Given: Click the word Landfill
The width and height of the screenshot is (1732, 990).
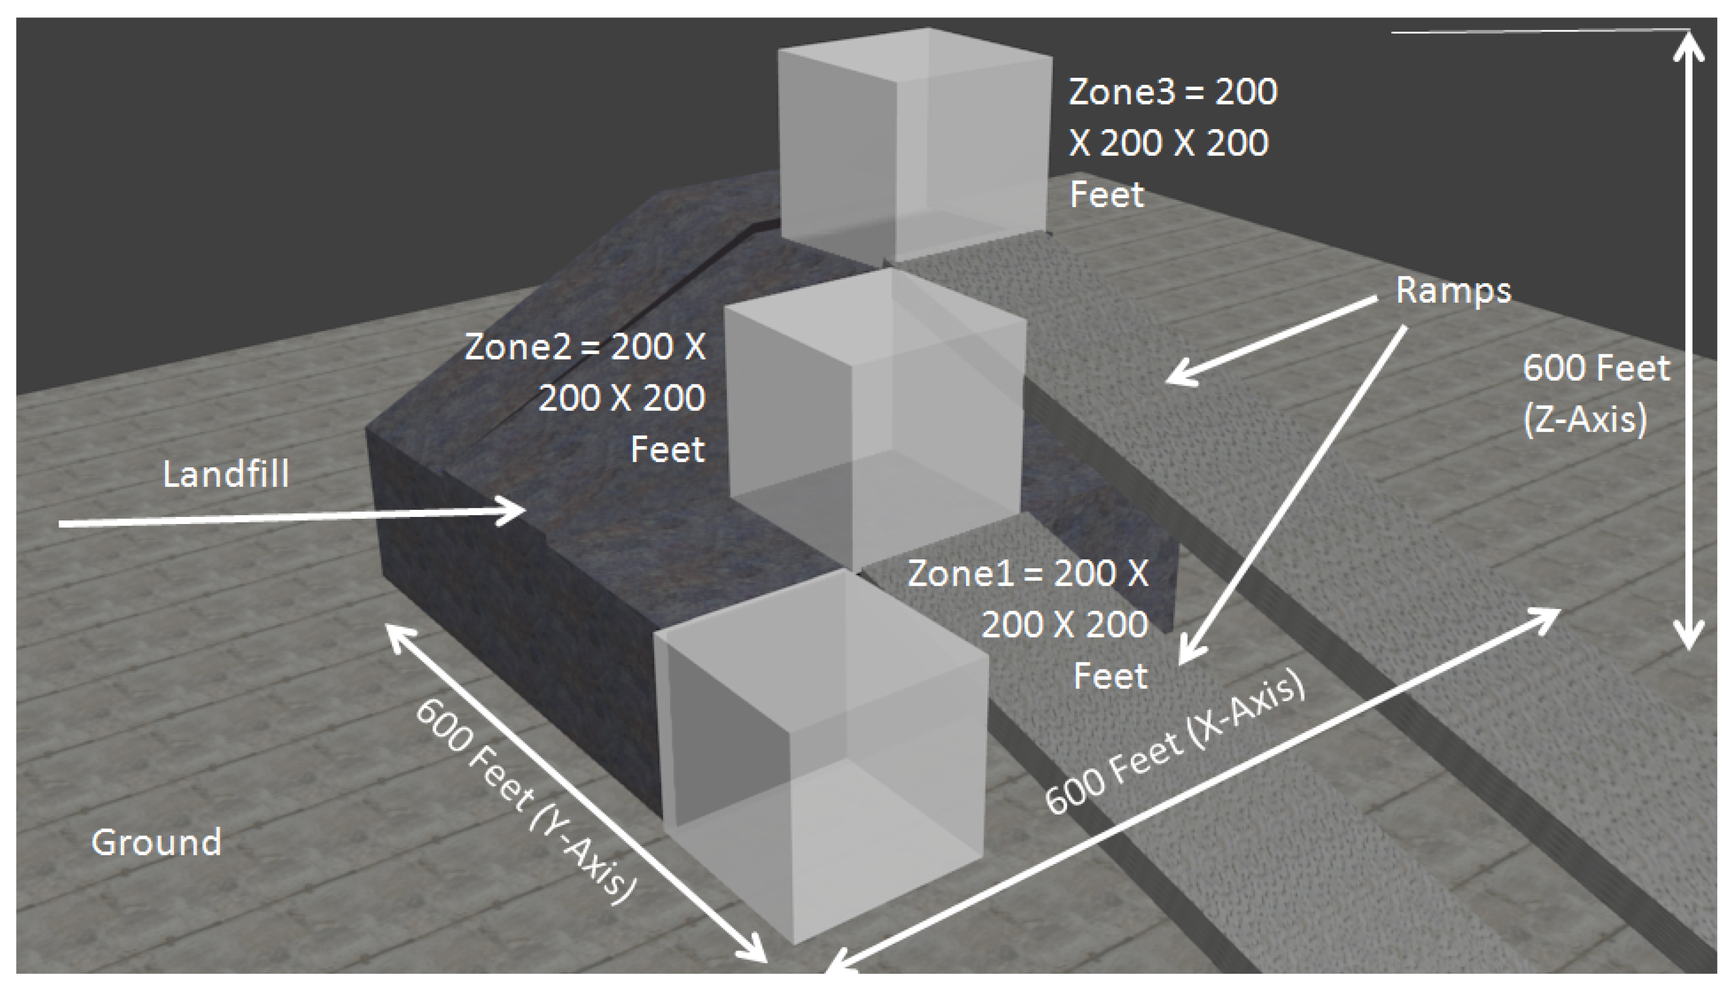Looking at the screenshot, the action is coord(226,474).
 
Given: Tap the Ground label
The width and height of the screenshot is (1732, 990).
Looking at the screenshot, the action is coord(157,842).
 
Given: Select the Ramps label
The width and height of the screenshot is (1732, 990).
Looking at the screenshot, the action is coord(1453,291).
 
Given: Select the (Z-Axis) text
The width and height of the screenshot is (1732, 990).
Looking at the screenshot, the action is coord(1585,419).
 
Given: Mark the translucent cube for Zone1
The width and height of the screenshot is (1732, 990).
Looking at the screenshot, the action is coord(823,748).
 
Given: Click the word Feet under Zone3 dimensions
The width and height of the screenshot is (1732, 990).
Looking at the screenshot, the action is coord(1107,195).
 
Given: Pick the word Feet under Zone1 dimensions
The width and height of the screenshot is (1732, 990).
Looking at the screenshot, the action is coord(1110,676).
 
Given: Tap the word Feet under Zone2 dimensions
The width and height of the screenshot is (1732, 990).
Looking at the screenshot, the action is coord(667,449).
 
